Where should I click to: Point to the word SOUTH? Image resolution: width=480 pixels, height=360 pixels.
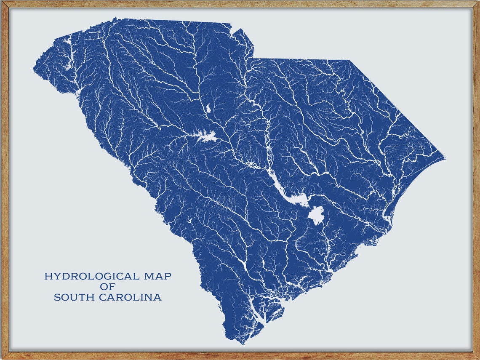pyautogui.click(x=75, y=298)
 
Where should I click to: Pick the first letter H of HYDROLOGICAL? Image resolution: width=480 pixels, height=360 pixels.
pyautogui.click(x=48, y=277)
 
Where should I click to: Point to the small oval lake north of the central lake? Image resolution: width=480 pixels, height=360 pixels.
pyautogui.click(x=208, y=108)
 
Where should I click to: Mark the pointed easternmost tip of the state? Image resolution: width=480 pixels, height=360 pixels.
pyautogui.click(x=445, y=158)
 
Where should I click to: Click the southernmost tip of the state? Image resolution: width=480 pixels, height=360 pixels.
pyautogui.click(x=241, y=343)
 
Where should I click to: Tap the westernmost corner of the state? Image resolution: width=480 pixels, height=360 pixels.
pyautogui.click(x=34, y=68)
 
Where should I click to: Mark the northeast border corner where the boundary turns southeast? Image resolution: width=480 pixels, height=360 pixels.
pyautogui.click(x=349, y=60)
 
